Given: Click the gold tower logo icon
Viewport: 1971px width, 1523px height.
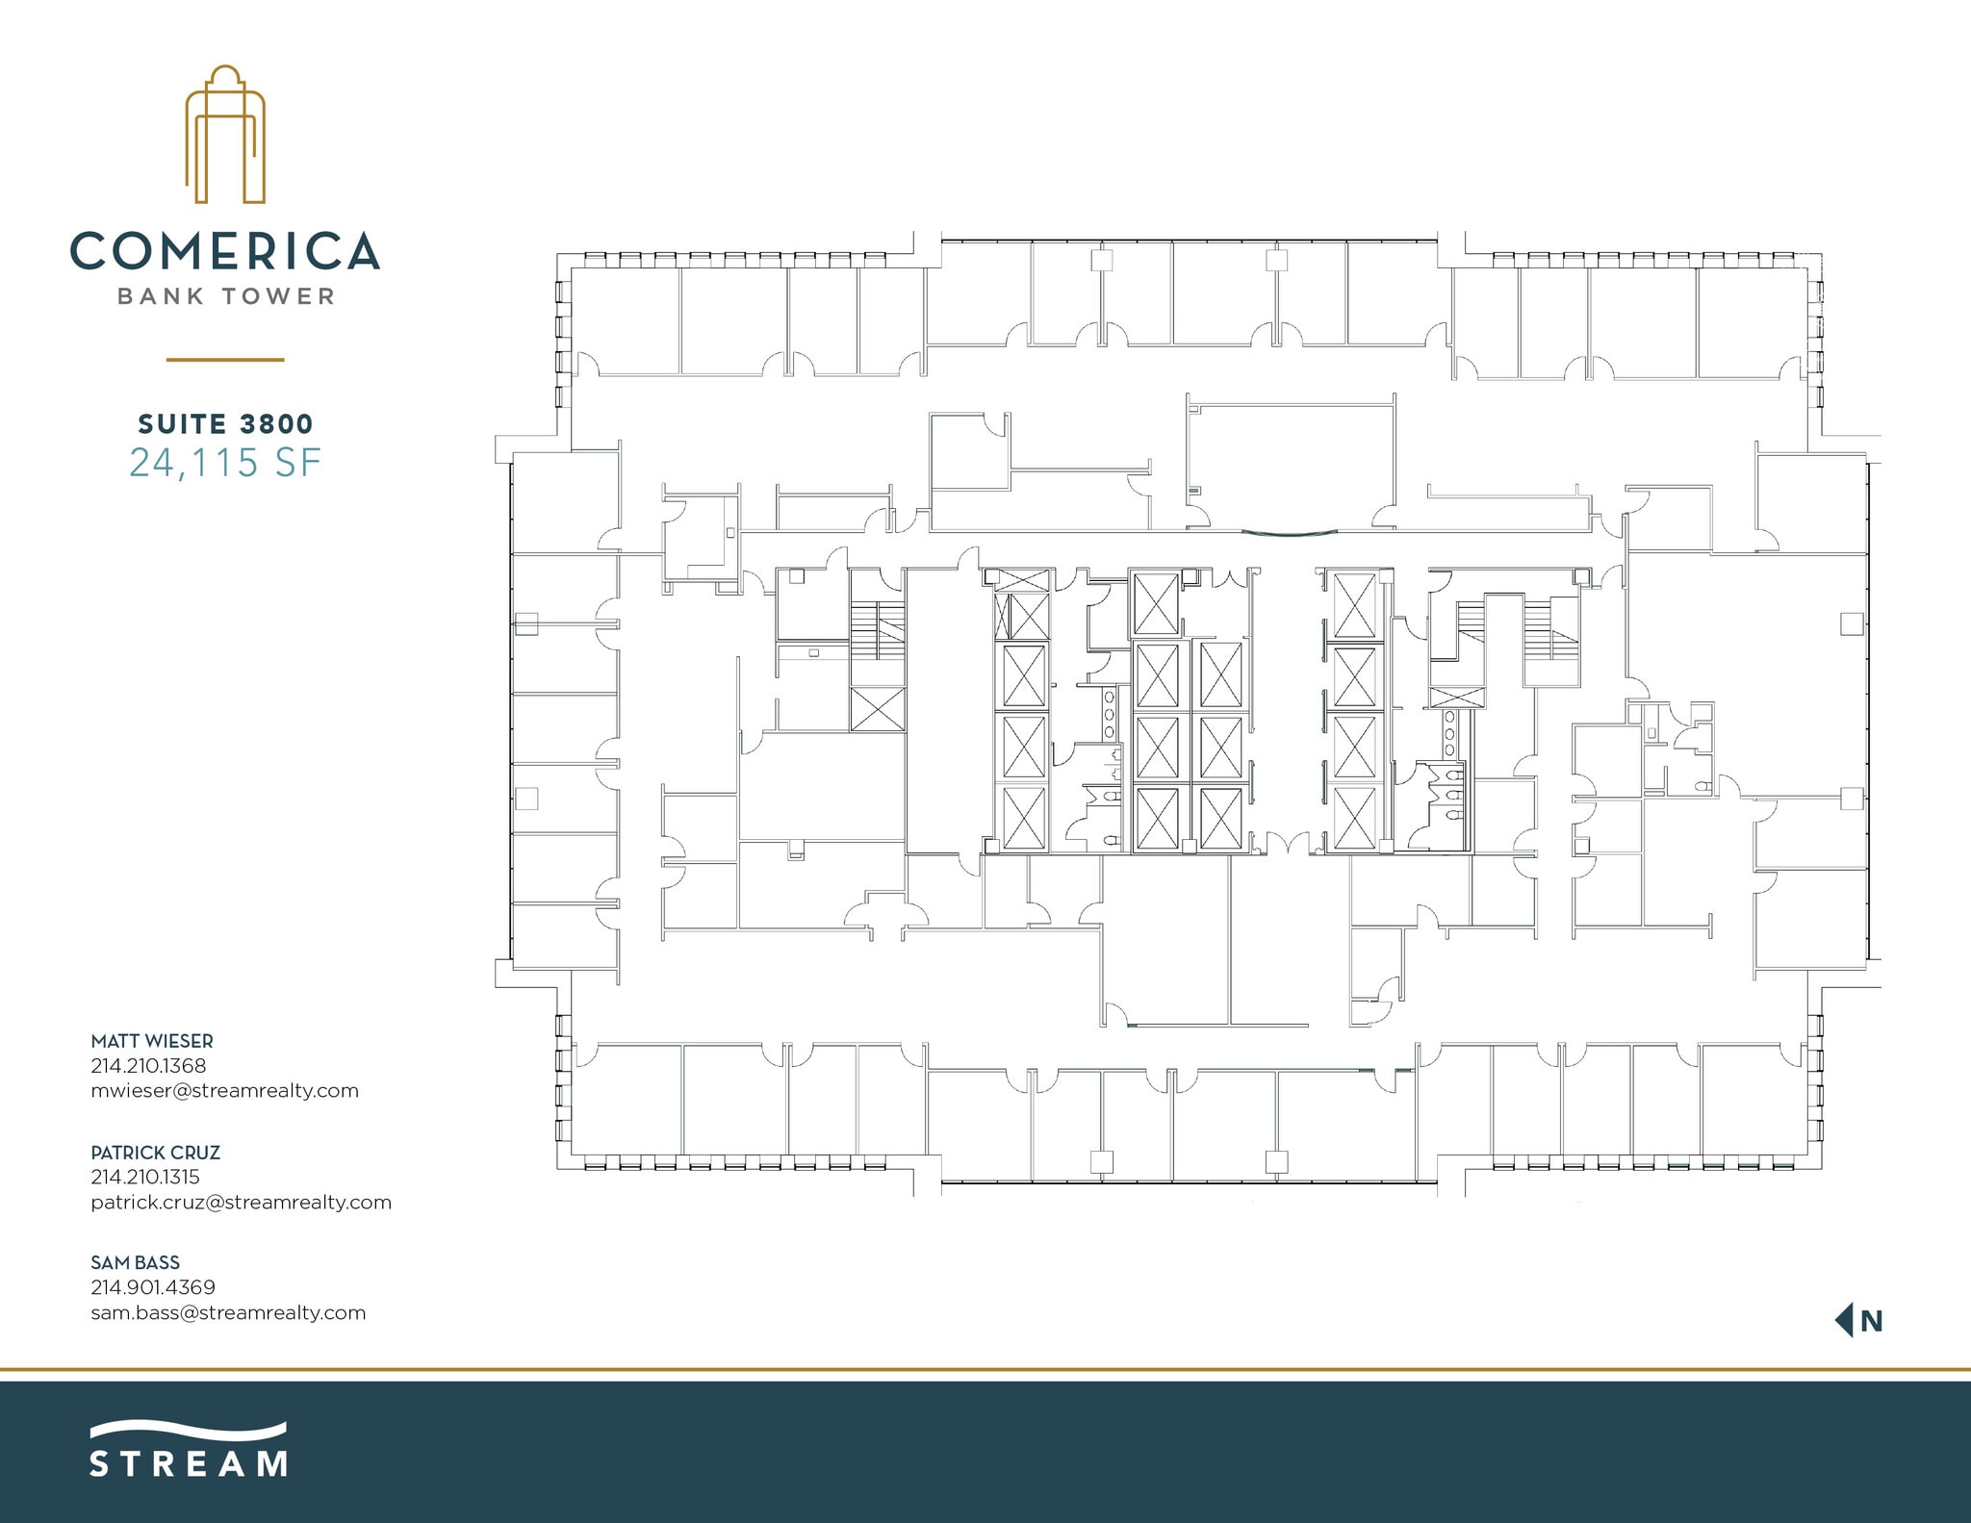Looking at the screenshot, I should (x=225, y=135).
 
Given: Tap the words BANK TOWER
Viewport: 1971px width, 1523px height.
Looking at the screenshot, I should (x=226, y=296).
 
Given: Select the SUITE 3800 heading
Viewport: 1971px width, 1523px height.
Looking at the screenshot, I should (x=225, y=423).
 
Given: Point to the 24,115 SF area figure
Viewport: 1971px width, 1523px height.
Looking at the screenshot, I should (x=225, y=463).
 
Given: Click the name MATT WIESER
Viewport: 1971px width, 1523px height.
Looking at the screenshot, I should (x=152, y=1041).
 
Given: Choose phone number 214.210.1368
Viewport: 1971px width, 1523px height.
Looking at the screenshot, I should (x=148, y=1065).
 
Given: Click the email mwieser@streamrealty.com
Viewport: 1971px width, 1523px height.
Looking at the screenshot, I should (x=224, y=1090).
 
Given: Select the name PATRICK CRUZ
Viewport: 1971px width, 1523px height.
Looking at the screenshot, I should (x=155, y=1152).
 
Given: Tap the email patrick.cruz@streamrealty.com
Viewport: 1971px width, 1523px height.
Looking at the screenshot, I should (x=241, y=1202).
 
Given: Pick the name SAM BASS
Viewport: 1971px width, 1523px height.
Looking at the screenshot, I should (x=135, y=1262).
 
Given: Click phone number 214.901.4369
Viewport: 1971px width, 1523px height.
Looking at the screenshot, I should (x=153, y=1286).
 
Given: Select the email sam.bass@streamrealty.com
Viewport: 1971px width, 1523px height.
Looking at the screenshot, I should (x=228, y=1312).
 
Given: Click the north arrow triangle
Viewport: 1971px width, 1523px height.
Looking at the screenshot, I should (x=1845, y=1320).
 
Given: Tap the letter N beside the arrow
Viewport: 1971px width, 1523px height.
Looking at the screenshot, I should (x=1871, y=1321).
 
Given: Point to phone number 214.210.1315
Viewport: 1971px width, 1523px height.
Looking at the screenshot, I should (x=145, y=1176).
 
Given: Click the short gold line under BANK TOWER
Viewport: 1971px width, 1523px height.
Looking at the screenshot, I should (x=225, y=360).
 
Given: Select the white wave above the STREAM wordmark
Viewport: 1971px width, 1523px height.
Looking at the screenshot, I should (x=189, y=1430).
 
